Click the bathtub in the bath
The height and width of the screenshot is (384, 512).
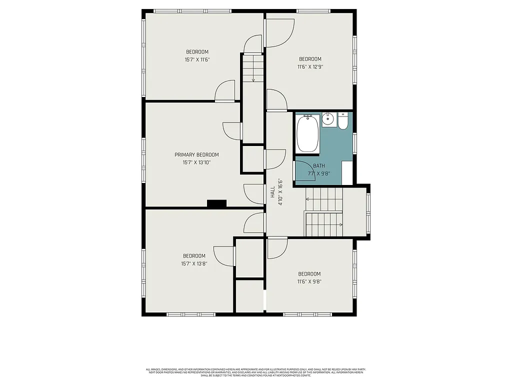(308, 134)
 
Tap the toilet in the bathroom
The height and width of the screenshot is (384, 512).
(343, 121)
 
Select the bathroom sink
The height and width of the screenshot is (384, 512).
(328, 120)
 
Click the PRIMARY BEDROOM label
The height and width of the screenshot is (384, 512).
(196, 155)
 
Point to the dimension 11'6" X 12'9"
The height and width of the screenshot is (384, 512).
(310, 66)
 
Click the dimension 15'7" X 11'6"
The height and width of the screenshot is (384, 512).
(197, 59)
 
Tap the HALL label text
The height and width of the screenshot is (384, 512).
(273, 193)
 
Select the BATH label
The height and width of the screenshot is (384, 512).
(319, 166)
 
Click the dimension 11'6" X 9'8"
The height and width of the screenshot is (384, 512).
(309, 281)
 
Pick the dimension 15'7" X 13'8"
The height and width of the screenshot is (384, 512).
(194, 263)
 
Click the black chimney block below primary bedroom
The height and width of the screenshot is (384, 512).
(216, 203)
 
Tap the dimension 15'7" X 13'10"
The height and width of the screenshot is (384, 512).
(196, 162)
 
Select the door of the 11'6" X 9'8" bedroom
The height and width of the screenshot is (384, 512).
(277, 248)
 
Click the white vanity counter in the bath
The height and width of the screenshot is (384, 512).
(347, 171)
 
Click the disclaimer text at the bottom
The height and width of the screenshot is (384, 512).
(255, 372)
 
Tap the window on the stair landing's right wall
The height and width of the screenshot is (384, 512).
(368, 210)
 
